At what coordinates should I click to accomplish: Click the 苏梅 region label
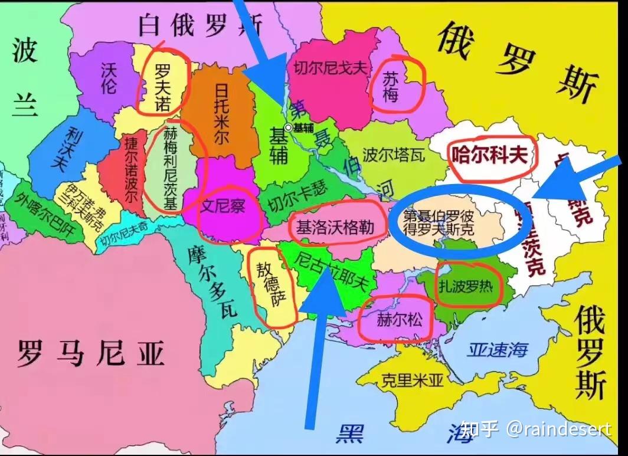coord(391,87)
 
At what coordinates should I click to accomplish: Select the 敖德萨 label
coord(271,285)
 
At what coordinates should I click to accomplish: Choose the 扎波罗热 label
coord(466,287)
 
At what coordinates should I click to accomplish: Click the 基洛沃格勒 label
coord(335,227)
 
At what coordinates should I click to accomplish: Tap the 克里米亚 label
coord(412,380)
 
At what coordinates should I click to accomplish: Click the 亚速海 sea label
coord(497,350)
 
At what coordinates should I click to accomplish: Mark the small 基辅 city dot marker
coord(288,127)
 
